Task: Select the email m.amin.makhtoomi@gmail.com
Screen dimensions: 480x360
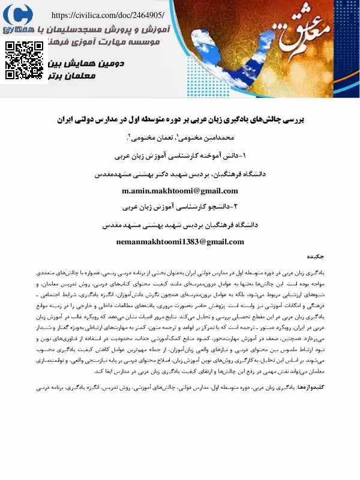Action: click(x=179, y=191)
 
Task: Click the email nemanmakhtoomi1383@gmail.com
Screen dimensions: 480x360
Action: click(x=179, y=242)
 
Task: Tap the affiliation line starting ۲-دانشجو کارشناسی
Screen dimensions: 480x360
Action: click(x=180, y=207)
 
